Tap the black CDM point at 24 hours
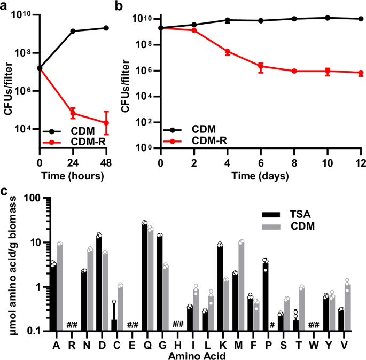pyautogui.click(x=73, y=31)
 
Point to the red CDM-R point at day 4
pyautogui.click(x=228, y=52)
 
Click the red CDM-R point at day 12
pyautogui.click(x=361, y=73)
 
